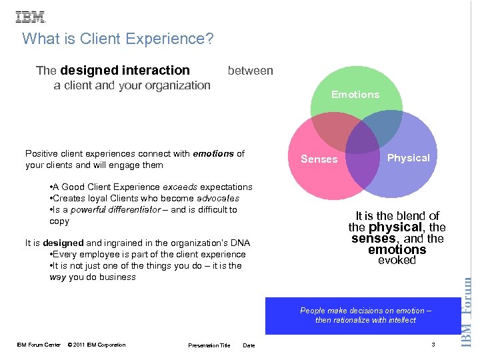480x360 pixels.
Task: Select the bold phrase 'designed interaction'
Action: (125, 70)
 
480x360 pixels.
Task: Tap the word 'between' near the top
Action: (250, 71)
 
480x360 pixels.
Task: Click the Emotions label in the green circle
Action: (355, 95)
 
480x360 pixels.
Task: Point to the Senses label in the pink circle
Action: (319, 159)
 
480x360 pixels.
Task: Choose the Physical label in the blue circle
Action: (409, 158)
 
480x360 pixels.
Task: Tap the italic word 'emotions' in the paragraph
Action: (213, 154)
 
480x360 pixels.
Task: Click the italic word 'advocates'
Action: (218, 199)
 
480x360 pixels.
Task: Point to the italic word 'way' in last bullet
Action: (58, 277)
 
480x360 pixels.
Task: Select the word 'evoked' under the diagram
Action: (397, 261)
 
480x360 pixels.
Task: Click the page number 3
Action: (433, 344)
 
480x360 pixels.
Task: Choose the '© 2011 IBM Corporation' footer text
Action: (97, 345)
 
